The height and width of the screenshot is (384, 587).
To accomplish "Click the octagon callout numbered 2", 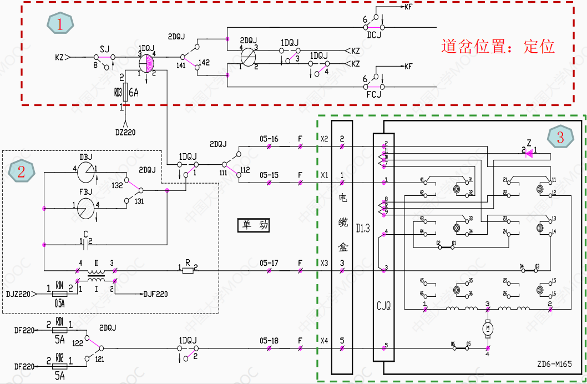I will (22, 171).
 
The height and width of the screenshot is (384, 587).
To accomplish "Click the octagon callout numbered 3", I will (560, 137).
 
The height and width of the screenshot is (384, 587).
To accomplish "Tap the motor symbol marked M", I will (488, 329).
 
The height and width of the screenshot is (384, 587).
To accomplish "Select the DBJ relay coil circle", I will (87, 173).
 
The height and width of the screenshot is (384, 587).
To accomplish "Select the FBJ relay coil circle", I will (87, 209).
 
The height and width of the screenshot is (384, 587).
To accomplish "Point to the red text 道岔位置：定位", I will (498, 46).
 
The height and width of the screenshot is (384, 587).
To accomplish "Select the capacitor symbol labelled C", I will (86, 241).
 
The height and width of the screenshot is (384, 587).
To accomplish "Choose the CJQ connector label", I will (384, 306).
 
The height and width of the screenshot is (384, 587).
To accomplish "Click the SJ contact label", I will (105, 48).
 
